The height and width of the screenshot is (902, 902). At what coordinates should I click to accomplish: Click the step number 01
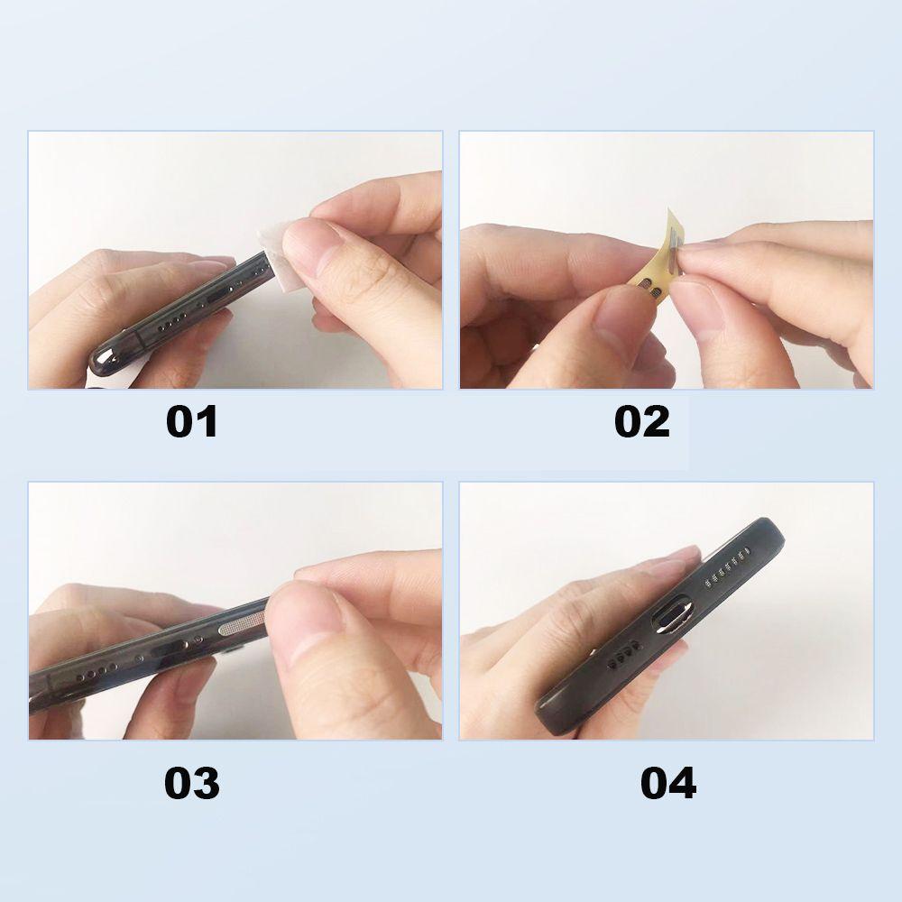(x=191, y=422)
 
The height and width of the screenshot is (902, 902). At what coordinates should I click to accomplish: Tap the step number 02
(x=642, y=422)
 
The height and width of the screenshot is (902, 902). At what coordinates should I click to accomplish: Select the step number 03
(x=191, y=783)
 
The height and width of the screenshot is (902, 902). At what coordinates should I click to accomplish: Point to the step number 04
(x=667, y=783)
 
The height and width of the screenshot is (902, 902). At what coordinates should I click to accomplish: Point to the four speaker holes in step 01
(x=172, y=324)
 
